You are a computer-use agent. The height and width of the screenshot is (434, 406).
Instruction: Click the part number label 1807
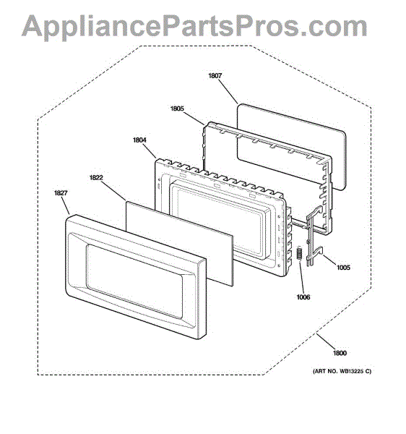tap(215, 75)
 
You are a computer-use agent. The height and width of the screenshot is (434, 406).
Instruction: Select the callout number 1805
tap(177, 109)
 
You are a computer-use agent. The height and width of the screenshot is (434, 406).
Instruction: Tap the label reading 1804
tap(139, 140)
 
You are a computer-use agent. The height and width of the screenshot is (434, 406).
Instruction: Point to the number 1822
tap(96, 177)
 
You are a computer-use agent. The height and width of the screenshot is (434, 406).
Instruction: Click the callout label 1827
tap(61, 192)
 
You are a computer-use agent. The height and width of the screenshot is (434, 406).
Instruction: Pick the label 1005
tap(343, 268)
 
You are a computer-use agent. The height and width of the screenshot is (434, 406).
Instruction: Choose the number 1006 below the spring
tap(303, 297)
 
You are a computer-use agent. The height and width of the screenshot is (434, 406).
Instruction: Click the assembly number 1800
tap(340, 353)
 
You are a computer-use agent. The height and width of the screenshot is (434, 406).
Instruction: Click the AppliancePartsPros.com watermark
tap(194, 26)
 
